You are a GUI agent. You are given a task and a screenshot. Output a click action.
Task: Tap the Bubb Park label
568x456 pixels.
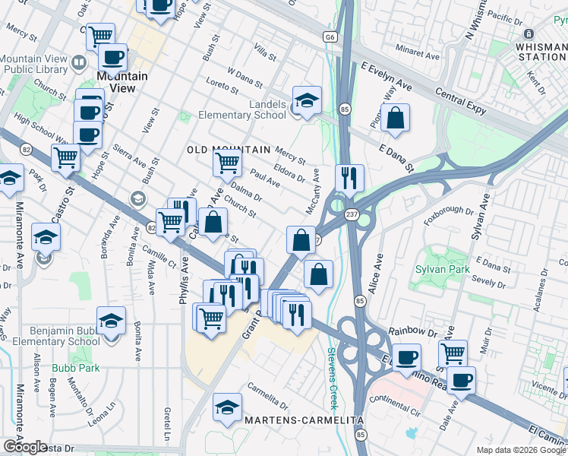(x=65, y=369)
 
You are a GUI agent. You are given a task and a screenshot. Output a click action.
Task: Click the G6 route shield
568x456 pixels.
(x=330, y=36)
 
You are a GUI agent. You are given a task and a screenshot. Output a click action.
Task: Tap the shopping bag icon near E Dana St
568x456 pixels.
(x=395, y=119)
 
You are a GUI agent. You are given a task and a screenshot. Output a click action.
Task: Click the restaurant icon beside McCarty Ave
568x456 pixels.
(x=349, y=178)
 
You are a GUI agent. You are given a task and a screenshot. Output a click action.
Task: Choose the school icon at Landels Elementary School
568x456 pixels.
(x=307, y=100)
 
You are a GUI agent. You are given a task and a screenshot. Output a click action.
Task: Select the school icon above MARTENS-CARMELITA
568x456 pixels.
(x=227, y=407)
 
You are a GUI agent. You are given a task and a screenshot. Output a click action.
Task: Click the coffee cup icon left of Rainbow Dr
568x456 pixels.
(x=407, y=356)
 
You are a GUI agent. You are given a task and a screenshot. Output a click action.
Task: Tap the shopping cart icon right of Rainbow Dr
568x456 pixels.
(x=453, y=352)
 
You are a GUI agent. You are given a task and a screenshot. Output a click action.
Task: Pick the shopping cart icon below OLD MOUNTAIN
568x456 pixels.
(x=227, y=162)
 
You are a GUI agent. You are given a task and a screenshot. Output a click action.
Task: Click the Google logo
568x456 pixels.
(x=25, y=446)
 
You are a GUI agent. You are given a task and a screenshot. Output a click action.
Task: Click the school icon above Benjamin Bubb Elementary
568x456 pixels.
(x=111, y=322)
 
